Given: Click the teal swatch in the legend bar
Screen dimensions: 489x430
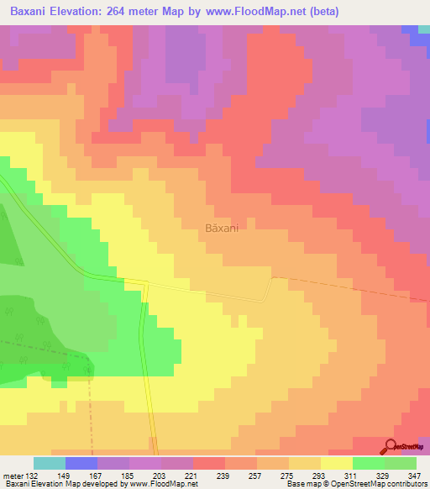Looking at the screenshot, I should coord(50,463).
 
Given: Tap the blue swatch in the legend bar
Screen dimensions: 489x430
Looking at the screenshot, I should coord(81,463).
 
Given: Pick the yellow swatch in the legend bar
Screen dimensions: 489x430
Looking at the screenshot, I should coord(337,463).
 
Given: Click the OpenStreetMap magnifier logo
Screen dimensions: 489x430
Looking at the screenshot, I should coord(392,446).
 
